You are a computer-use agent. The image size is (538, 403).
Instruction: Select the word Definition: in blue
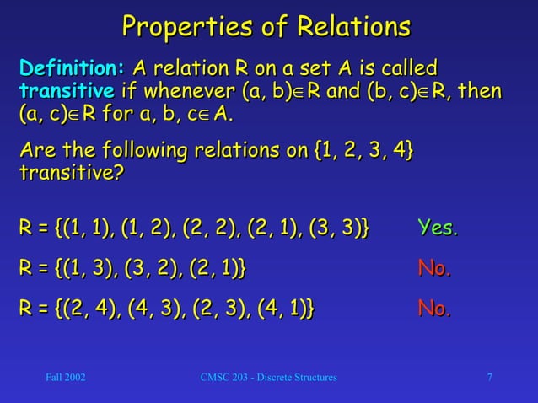point(73,67)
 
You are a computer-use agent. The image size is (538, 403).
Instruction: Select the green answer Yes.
point(438,228)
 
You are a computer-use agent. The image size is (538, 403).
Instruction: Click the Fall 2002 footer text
point(65,377)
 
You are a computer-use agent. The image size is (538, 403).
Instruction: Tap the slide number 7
point(490,377)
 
